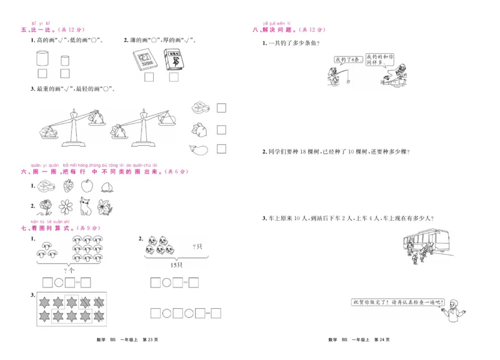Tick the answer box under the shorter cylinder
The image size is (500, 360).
tap(64, 78)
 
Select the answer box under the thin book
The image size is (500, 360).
tap(149, 78)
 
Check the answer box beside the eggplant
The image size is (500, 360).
tap(221, 149)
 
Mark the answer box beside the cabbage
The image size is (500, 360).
tap(221, 108)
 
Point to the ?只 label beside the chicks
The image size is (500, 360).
tap(199, 246)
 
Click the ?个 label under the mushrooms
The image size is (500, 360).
tap(69, 270)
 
